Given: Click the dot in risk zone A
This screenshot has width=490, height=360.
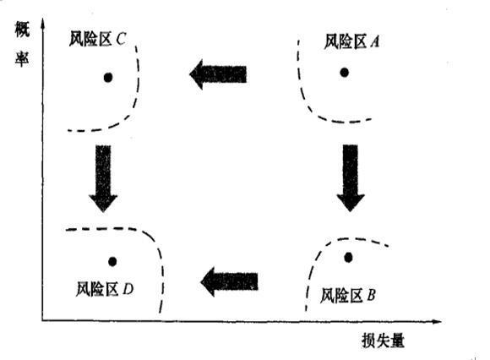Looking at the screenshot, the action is tap(345, 73).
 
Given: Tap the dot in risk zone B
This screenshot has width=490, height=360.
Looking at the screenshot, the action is tap(348, 258).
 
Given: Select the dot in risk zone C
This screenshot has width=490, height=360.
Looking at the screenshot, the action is tap(108, 77).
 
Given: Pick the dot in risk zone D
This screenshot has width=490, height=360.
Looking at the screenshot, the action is tap(112, 262).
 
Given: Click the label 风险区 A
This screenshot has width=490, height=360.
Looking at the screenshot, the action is tap(352, 41).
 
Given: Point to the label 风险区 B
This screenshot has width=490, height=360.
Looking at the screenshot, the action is tap(348, 295).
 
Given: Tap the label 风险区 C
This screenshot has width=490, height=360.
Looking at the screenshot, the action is tap(97, 39).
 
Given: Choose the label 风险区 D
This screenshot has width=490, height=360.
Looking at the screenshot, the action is tap(105, 289).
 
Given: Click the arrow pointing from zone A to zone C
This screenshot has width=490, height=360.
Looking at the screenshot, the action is tap(218, 74).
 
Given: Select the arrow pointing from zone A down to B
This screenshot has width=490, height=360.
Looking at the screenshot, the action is tap(351, 177).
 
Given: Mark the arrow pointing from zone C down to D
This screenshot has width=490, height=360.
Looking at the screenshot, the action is tap(103, 178).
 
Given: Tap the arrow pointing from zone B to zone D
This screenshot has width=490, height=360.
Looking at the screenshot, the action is tap(230, 281).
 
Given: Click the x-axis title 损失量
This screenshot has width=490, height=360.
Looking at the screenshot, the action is tap(383, 341).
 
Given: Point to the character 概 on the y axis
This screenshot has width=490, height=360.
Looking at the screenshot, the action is tap(22, 30).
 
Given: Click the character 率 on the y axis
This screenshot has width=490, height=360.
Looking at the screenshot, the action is tap(22, 58).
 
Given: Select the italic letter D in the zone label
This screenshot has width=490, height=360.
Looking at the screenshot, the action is tap(128, 289).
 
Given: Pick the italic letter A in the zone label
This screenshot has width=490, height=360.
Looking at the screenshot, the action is tap(375, 41).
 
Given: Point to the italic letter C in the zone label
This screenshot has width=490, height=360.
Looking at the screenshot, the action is tap(121, 39).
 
